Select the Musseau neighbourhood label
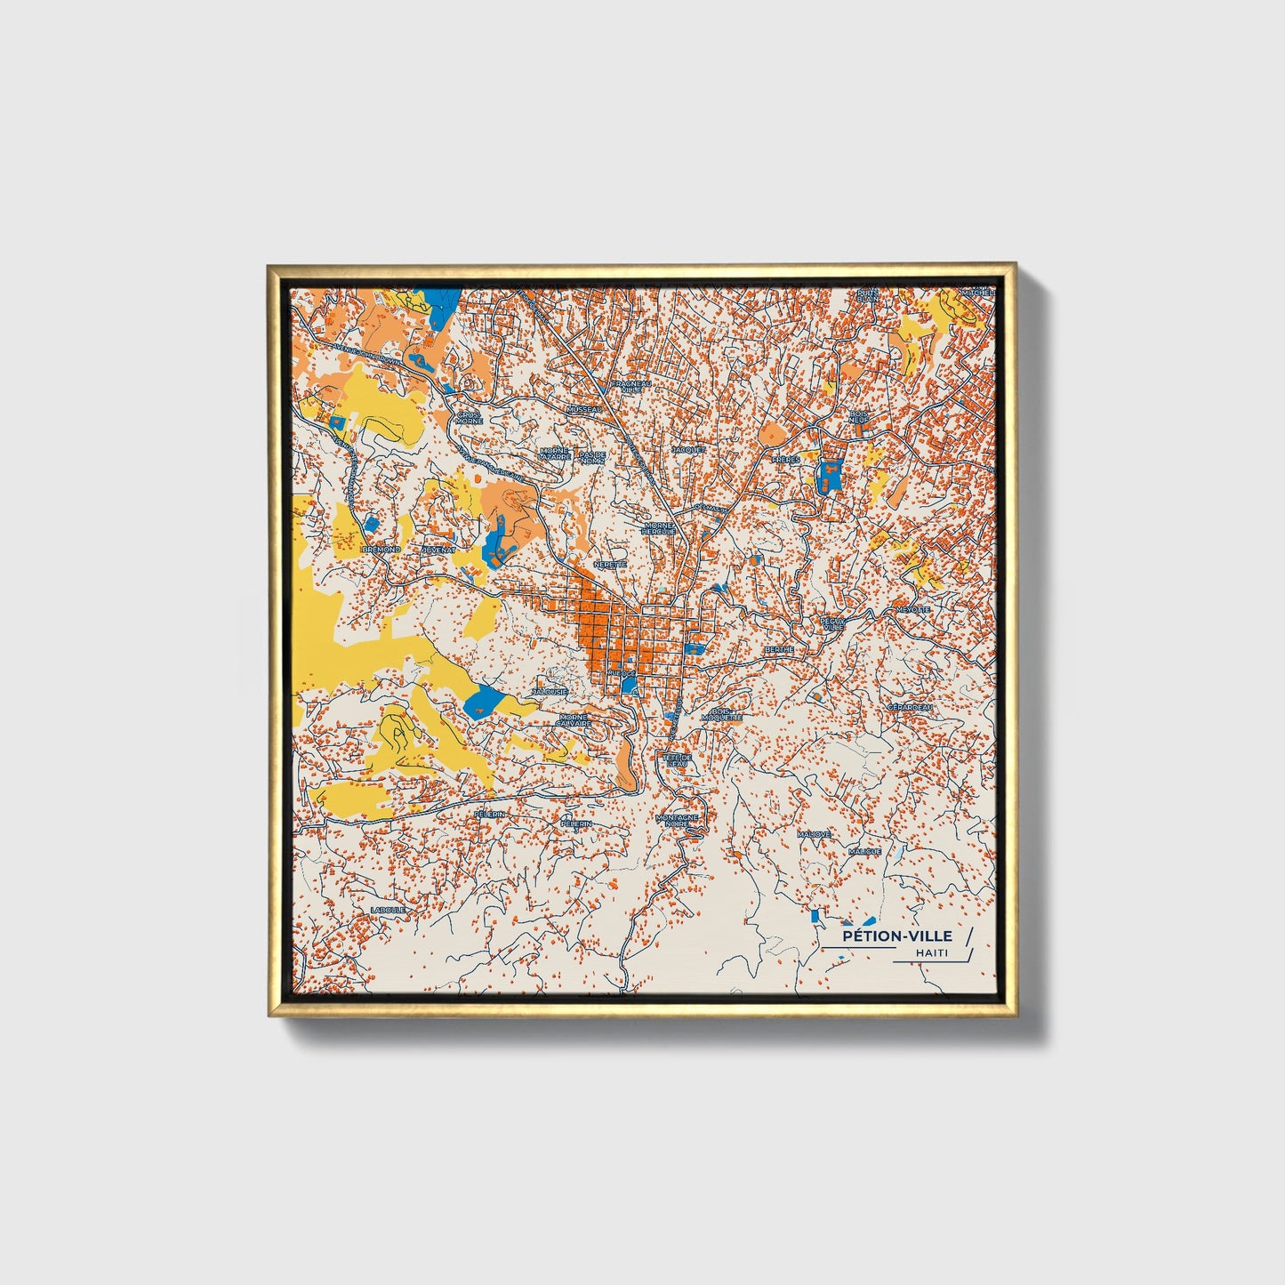[x=584, y=409]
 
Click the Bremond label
[x=381, y=550]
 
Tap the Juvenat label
[x=438, y=550]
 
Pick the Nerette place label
[x=610, y=564]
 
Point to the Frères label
[x=785, y=460]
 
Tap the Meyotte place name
[x=912, y=610]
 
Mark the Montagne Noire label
[x=677, y=820]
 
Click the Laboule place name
[x=389, y=910]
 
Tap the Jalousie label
[x=550, y=691]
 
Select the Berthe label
[x=778, y=649]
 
